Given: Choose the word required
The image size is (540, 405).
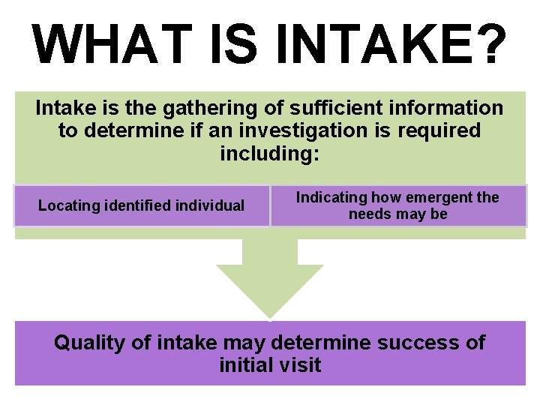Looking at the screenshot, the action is point(438,131).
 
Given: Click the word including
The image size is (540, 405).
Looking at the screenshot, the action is point(270,154).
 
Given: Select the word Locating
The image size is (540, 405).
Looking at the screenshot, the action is point(65,205).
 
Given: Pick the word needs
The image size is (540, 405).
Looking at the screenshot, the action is point(367,214).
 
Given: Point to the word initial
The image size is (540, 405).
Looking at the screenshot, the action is point(247,366).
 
